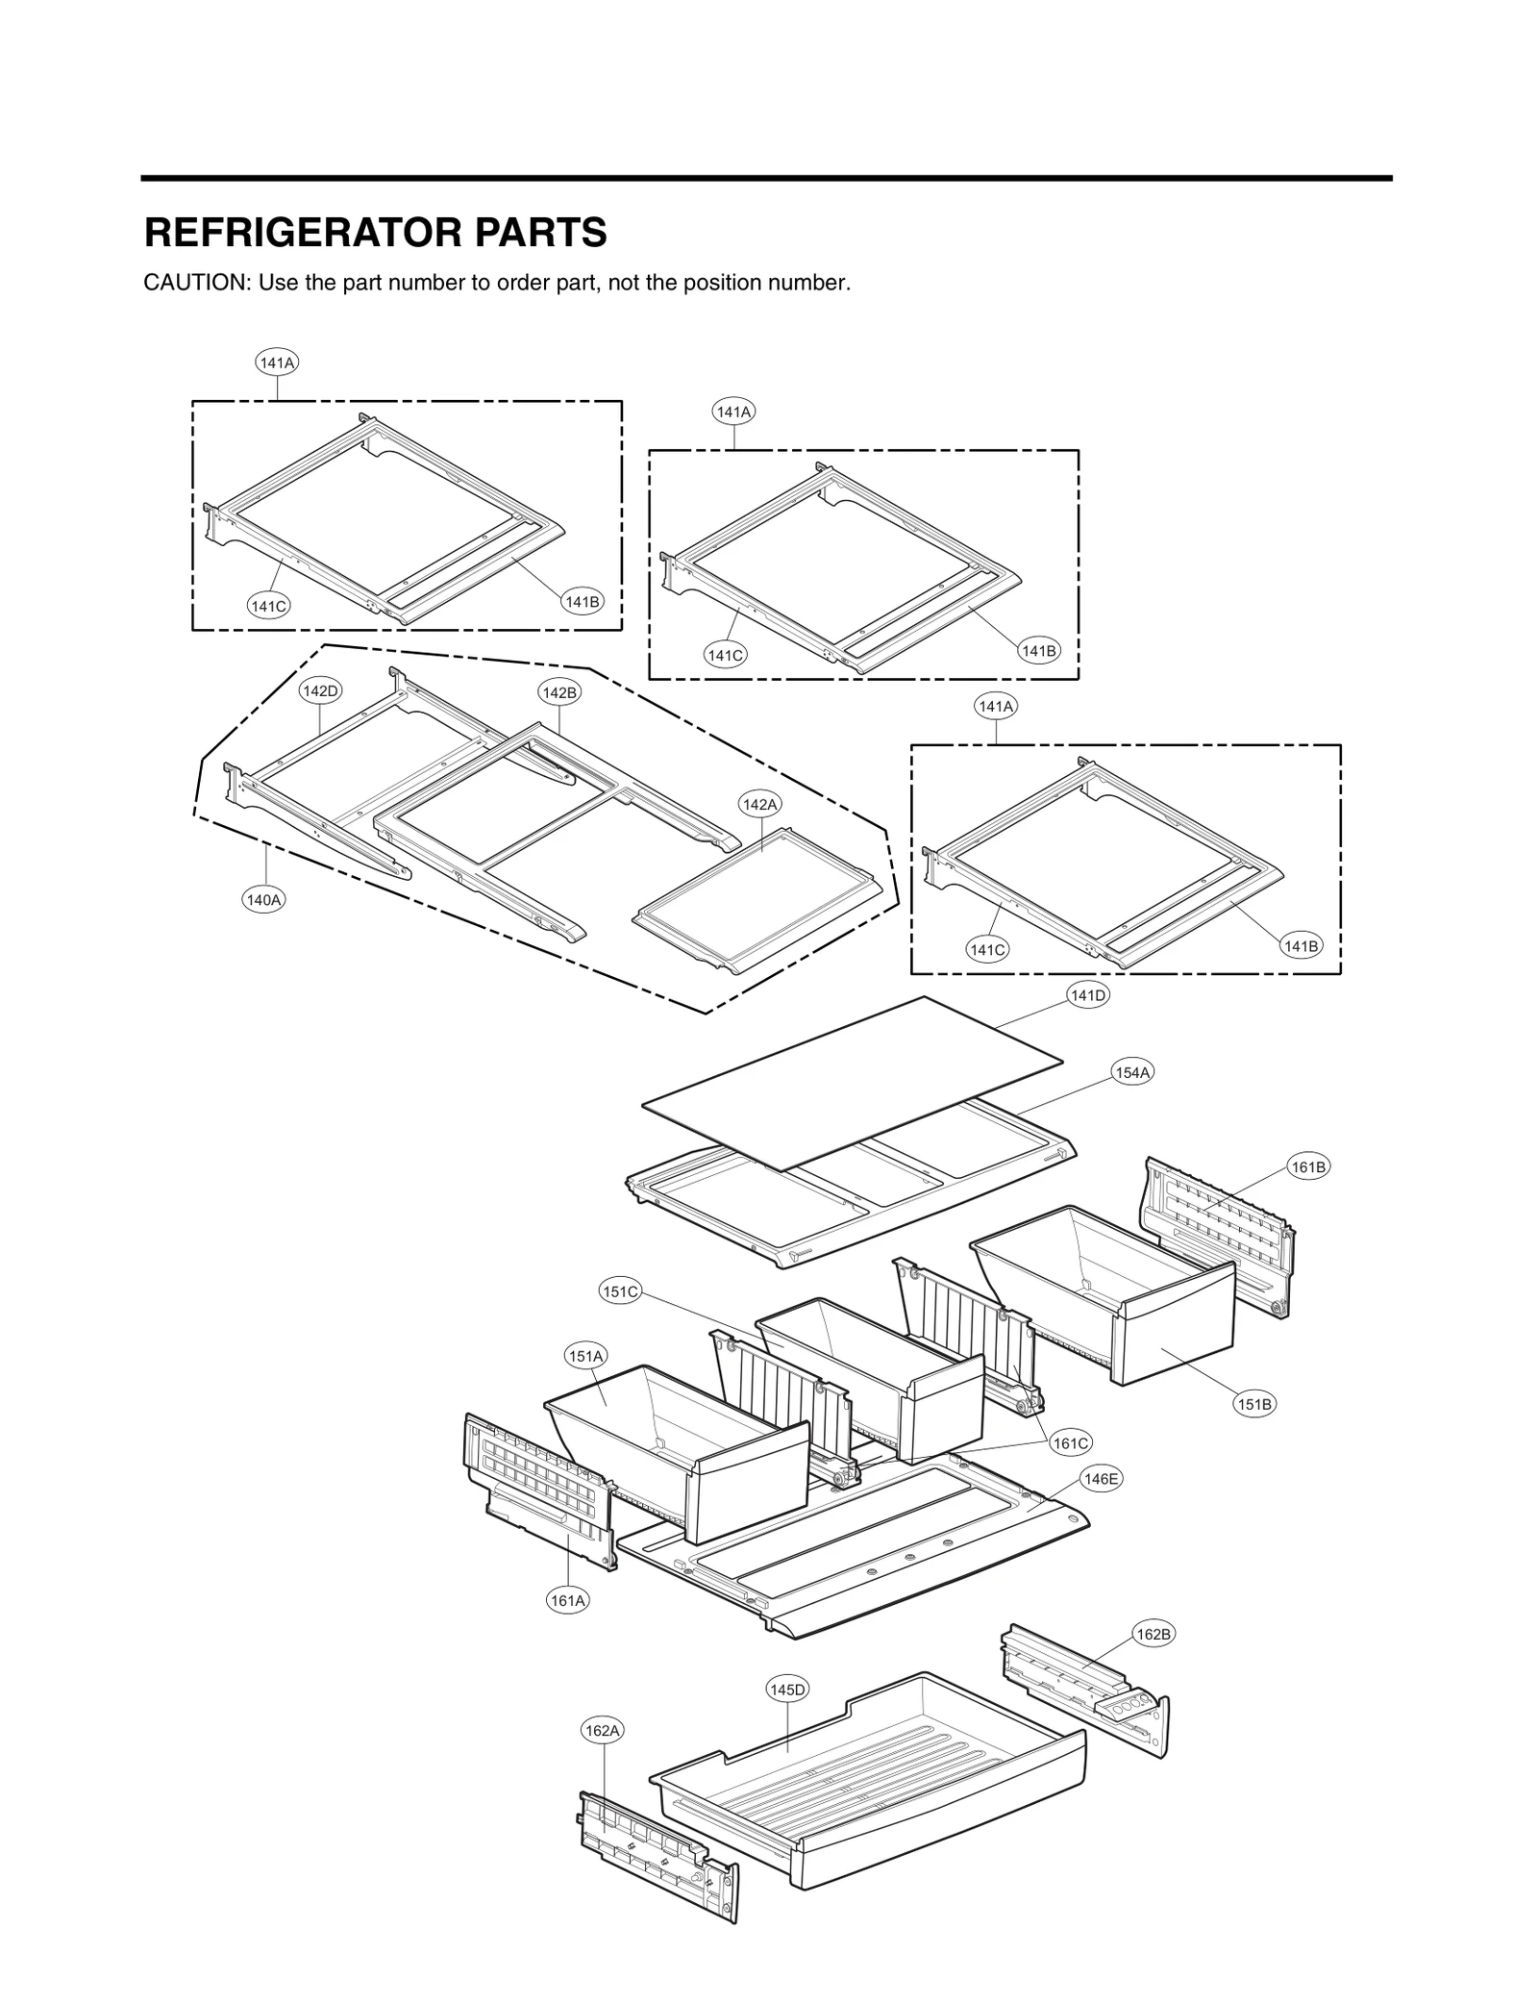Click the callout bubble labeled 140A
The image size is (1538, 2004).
pos(263,900)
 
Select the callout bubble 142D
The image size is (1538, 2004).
pos(320,690)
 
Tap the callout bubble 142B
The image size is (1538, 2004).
pos(559,692)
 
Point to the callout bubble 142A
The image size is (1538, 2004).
pos(759,804)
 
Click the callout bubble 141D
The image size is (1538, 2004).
pos(1088,995)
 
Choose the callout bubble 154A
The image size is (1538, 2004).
pos(1132,1072)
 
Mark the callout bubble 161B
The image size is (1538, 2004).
pos(1308,1167)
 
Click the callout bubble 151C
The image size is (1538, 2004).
pos(620,1291)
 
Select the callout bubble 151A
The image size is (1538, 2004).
pos(585,1356)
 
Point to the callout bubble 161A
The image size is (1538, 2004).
pos(567,1600)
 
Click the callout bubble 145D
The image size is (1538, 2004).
pos(787,1690)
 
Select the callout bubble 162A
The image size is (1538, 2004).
pos(604,1731)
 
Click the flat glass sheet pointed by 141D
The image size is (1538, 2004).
pos(851,1082)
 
